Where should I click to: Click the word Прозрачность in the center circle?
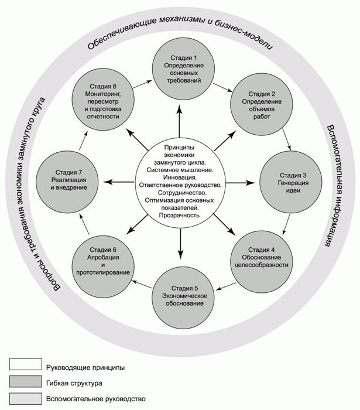[180, 216]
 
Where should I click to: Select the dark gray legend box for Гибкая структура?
[25, 382]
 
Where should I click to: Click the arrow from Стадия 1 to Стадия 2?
[221, 87]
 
